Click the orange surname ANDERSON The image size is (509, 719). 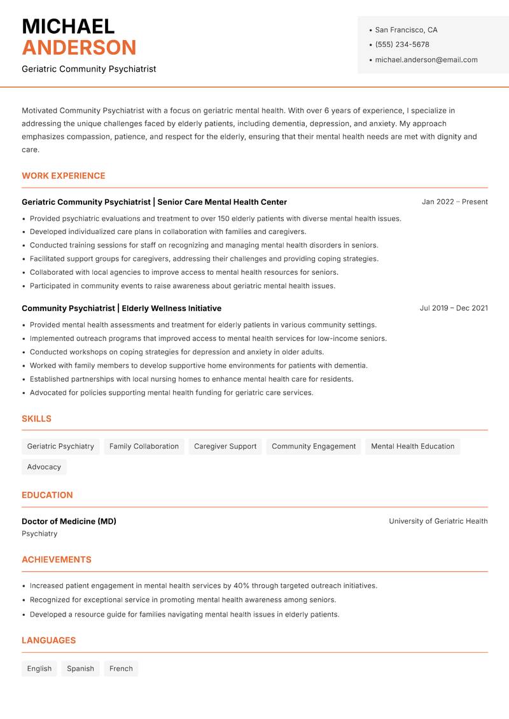79,48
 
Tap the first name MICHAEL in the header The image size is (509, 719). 68,26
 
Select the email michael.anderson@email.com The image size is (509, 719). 426,60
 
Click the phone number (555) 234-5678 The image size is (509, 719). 402,45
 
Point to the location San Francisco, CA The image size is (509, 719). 406,30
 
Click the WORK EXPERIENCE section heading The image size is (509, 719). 64,176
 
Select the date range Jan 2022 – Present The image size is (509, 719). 454,202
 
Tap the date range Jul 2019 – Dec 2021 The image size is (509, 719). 454,308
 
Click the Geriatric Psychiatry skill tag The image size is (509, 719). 60,447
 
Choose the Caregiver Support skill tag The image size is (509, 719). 225,447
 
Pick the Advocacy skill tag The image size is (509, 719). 44,467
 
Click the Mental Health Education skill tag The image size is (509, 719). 412,447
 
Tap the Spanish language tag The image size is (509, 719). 80,669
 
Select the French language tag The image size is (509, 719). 121,669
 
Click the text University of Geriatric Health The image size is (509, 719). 438,521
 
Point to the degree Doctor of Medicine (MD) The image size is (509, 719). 69,521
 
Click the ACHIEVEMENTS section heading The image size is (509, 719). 57,560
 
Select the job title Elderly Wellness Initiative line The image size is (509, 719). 122,309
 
